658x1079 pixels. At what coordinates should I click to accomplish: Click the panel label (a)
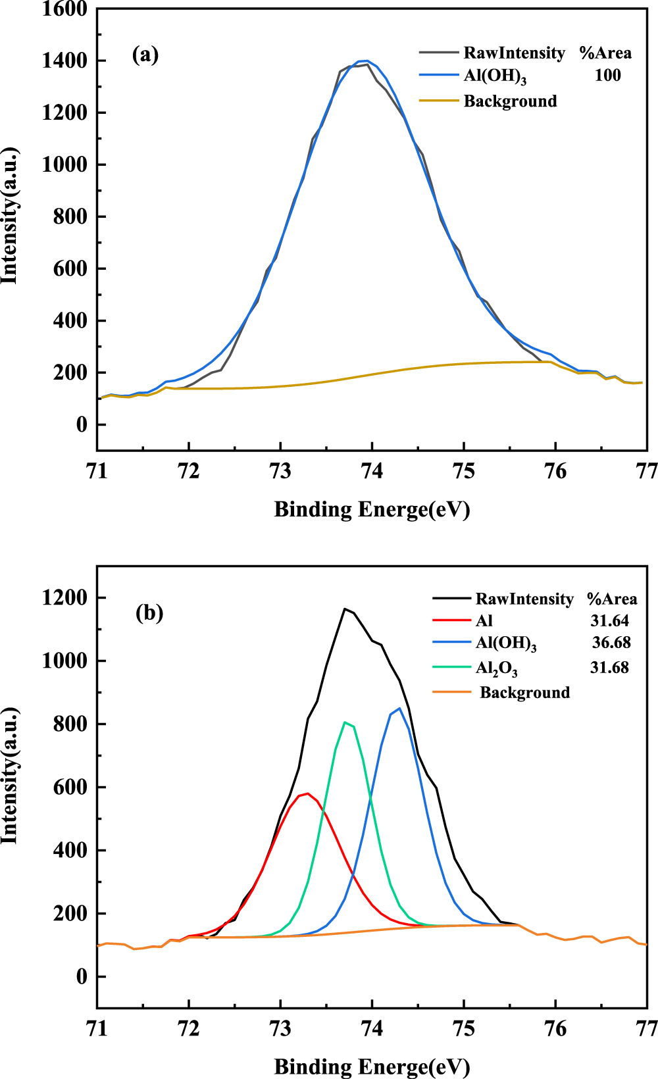point(145,54)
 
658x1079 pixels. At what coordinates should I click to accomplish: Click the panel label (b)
point(149,613)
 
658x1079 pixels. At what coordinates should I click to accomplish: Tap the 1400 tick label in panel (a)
point(64,61)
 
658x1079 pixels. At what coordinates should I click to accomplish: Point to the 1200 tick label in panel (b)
point(64,597)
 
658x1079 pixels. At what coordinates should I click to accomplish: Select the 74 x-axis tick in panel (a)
point(372,472)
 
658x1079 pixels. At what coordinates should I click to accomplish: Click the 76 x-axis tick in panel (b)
point(556,1028)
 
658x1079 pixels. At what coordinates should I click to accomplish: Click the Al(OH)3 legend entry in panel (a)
point(495,76)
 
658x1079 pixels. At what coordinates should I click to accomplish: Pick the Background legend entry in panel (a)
point(510,101)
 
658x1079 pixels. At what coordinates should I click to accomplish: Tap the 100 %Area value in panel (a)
point(607,75)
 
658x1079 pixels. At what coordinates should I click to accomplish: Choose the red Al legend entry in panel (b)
point(484,620)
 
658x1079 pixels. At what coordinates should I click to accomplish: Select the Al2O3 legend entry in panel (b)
point(496,668)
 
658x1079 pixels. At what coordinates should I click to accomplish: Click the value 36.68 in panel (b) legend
point(611,642)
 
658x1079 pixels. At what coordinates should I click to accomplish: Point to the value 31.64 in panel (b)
point(609,620)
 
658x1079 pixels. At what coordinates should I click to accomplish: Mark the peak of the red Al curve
point(307,793)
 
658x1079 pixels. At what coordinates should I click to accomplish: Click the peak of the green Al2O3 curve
point(345,722)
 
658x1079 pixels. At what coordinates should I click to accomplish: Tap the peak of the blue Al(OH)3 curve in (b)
point(399,709)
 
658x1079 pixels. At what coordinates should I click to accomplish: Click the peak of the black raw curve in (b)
point(345,609)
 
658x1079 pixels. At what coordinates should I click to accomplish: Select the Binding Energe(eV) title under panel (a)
point(372,509)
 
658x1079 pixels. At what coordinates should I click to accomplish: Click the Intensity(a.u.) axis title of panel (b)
point(9,776)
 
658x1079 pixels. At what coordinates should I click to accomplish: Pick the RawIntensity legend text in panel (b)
point(524,599)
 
